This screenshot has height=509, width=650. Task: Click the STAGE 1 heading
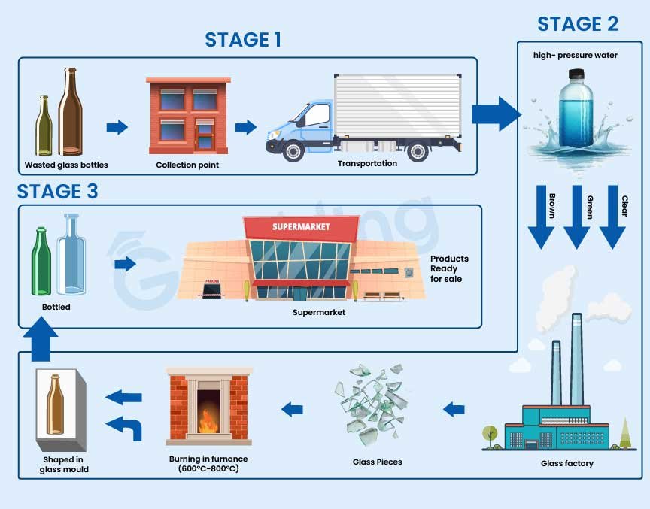(x=243, y=39)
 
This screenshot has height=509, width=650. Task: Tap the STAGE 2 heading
(x=578, y=24)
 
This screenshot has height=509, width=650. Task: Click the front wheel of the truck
(x=294, y=150)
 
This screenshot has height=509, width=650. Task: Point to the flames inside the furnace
(x=208, y=423)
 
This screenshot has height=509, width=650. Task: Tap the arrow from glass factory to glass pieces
(x=453, y=410)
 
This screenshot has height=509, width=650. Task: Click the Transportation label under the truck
(x=367, y=163)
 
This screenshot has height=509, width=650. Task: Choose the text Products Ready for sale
(x=446, y=268)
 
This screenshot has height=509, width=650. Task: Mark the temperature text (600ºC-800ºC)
(x=208, y=469)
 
